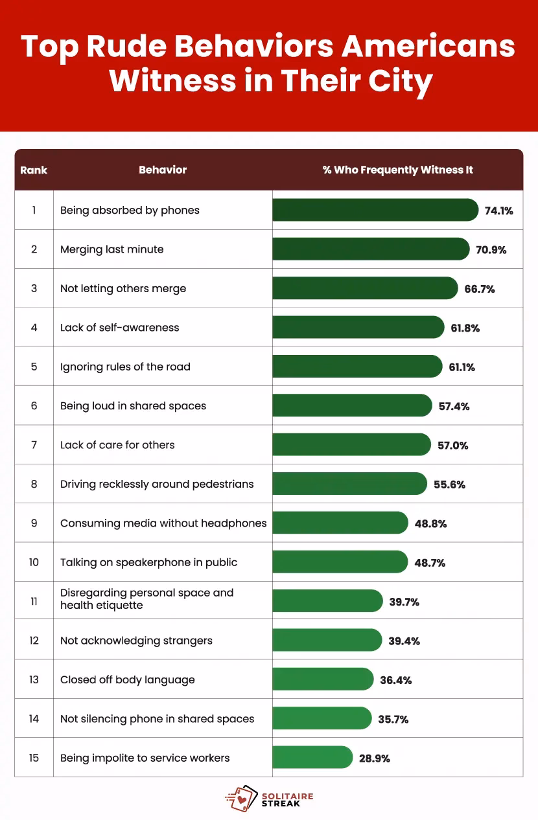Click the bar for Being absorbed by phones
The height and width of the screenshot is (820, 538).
click(375, 211)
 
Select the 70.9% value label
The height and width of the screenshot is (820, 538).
click(491, 249)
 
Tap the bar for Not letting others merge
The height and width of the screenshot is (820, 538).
click(364, 288)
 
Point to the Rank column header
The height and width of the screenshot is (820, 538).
click(34, 170)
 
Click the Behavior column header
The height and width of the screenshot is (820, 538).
click(163, 170)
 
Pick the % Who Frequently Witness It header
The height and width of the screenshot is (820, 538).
click(397, 170)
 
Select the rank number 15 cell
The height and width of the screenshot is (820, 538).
click(34, 758)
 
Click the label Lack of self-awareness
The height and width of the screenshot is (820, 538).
click(119, 328)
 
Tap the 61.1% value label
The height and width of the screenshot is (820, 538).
click(462, 367)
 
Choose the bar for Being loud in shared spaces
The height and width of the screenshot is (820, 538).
click(351, 406)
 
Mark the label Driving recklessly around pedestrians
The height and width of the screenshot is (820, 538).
click(157, 484)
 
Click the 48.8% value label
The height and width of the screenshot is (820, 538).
click(430, 523)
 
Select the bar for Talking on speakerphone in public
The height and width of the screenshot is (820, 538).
click(340, 562)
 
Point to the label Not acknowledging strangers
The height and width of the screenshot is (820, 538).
click(136, 641)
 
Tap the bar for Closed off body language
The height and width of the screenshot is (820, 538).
click(323, 679)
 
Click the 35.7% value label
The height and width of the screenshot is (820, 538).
click(393, 719)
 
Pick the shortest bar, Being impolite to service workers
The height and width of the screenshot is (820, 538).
click(312, 758)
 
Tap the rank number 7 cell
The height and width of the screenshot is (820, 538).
click(34, 445)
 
